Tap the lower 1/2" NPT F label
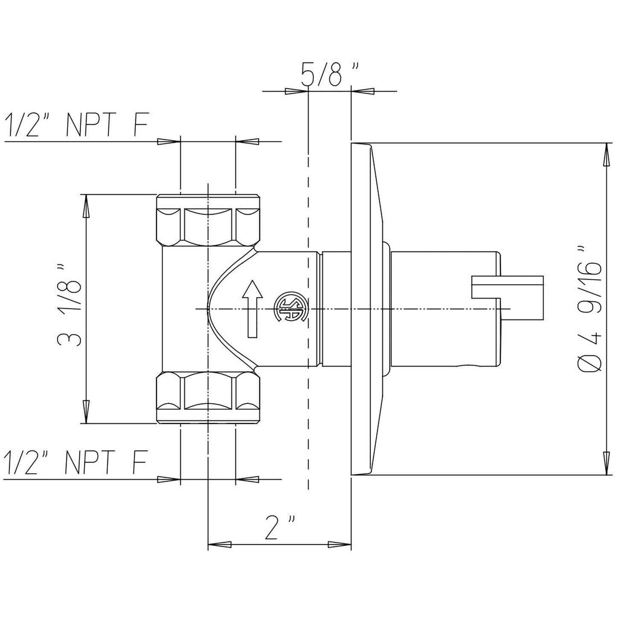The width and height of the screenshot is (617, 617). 76,462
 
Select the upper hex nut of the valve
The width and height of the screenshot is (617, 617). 208,220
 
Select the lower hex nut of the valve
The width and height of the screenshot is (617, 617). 208,397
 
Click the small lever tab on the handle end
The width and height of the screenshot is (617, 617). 507,287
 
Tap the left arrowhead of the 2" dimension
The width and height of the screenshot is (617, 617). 219,544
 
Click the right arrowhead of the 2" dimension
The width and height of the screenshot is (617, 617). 339,544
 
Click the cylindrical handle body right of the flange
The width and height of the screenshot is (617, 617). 444,309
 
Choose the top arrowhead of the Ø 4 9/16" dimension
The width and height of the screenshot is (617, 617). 606,155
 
